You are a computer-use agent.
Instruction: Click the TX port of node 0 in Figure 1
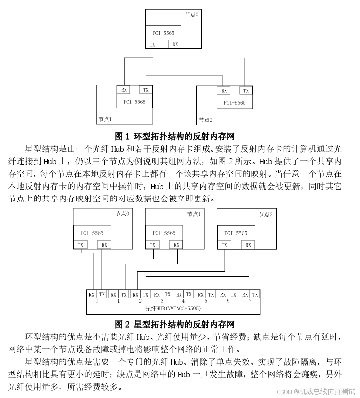(x=153, y=44)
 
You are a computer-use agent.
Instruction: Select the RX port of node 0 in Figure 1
(x=175, y=44)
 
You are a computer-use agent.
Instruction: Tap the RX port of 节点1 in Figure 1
(x=124, y=90)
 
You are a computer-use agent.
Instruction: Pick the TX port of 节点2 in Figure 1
(x=245, y=91)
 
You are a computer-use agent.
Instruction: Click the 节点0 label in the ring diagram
(x=191, y=15)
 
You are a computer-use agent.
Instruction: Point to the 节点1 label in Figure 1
(x=105, y=120)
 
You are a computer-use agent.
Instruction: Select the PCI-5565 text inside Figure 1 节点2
(x=235, y=103)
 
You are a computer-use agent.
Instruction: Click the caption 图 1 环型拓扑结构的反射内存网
(x=175, y=136)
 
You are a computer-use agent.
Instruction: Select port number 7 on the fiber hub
(x=249, y=301)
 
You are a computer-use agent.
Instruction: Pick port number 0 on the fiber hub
(x=97, y=301)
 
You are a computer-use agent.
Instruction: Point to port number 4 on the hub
(x=183, y=301)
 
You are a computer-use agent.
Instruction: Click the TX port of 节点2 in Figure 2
(x=224, y=245)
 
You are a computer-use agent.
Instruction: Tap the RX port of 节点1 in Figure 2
(x=175, y=245)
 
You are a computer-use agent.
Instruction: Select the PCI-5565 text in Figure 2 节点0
(x=92, y=233)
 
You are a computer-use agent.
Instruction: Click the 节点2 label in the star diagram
(x=265, y=214)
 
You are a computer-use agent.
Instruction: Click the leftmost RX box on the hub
(x=91, y=294)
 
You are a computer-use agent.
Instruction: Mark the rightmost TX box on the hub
(x=255, y=294)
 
